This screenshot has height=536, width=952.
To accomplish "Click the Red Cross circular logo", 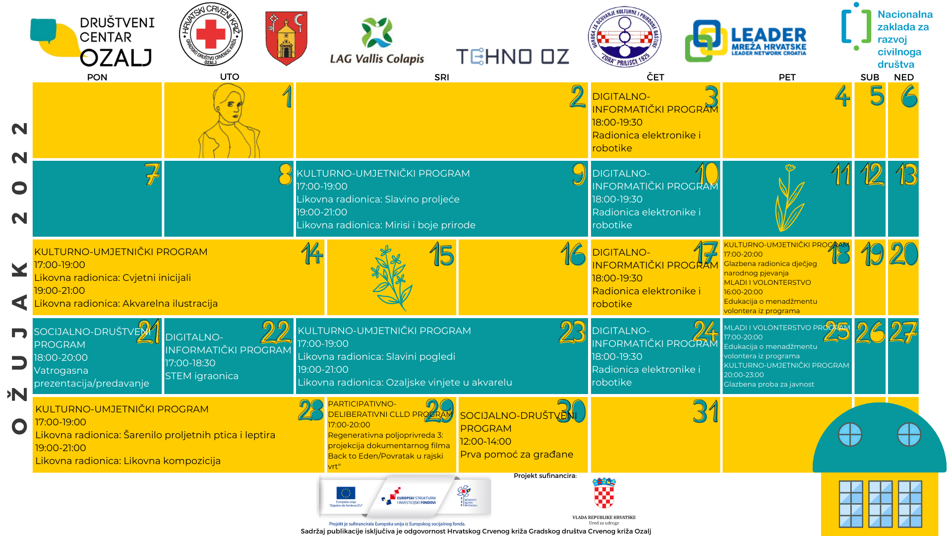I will pyautogui.click(x=211, y=34).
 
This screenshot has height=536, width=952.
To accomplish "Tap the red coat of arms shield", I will pyautogui.click(x=286, y=38).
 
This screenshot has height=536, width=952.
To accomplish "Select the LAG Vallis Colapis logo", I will pyautogui.click(x=377, y=42).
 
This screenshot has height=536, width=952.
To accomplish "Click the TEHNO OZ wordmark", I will pyautogui.click(x=512, y=57).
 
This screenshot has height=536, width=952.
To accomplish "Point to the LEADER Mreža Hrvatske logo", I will pyautogui.click(x=745, y=41).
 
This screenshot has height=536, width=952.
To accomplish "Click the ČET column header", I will pyautogui.click(x=655, y=77).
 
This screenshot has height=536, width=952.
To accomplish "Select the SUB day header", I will pyautogui.click(x=870, y=77).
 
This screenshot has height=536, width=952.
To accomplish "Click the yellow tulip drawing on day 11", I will pyautogui.click(x=788, y=199).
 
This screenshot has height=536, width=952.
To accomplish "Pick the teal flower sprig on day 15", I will pyautogui.click(x=391, y=278).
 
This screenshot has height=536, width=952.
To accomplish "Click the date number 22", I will pyautogui.click(x=276, y=332).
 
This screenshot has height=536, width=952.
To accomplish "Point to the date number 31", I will pyautogui.click(x=706, y=411).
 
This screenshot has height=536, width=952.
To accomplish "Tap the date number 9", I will pyautogui.click(x=579, y=174).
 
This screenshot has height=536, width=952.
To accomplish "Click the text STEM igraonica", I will pyautogui.click(x=202, y=376).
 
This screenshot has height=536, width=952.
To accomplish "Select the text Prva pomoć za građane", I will pyautogui.click(x=516, y=454).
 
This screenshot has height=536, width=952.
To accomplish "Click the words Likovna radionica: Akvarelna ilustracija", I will pyautogui.click(x=126, y=303).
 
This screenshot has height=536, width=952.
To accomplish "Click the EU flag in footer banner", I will pyautogui.click(x=346, y=493).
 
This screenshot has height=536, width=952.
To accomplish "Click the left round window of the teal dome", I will pyautogui.click(x=850, y=435).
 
